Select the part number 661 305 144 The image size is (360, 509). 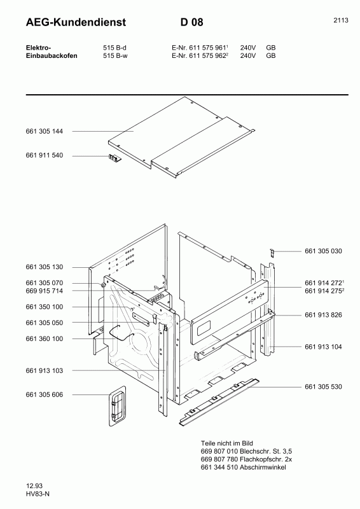click(45, 131)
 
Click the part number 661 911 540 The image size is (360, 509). click(45, 156)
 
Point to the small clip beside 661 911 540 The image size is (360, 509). click(114, 158)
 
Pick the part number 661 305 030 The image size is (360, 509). click(323, 251)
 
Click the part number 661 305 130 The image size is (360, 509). click(45, 267)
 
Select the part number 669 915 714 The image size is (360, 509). click(45, 291)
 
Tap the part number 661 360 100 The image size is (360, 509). click(45, 339)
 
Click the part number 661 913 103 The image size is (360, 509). click(45, 370)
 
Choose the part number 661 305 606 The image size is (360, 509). click(45, 395)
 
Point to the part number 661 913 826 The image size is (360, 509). click(323, 315)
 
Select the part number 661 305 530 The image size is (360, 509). click(323, 386)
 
